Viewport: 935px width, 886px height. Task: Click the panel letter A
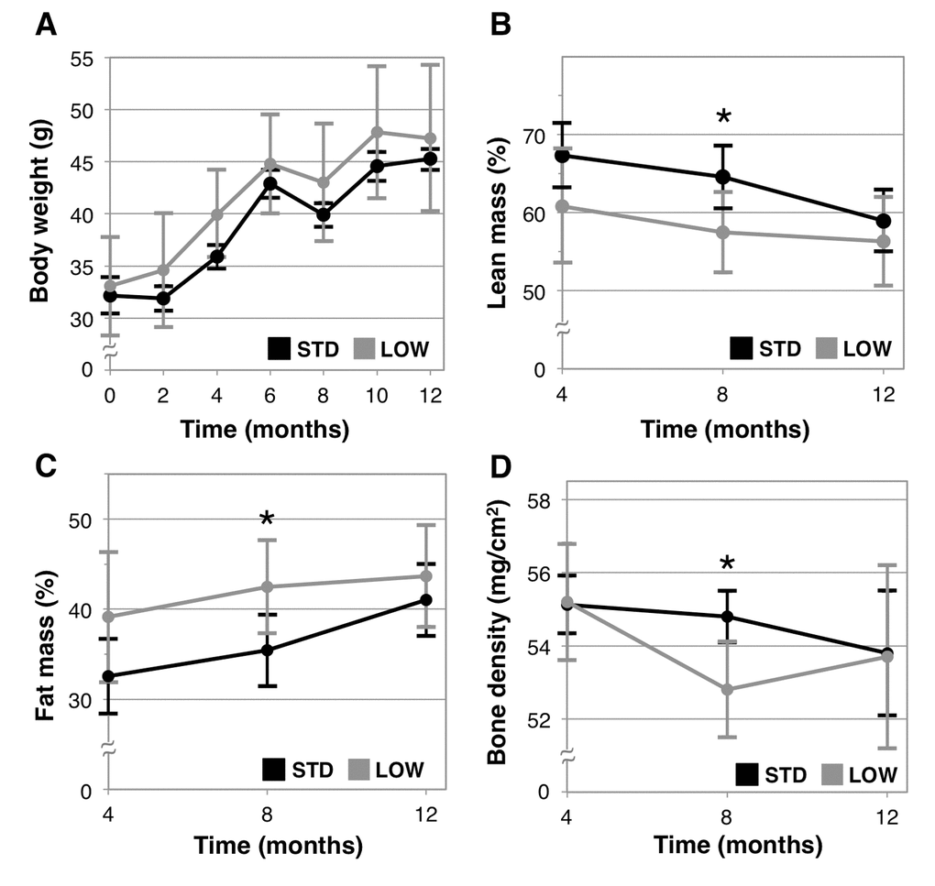tap(45, 25)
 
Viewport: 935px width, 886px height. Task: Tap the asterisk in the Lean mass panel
tap(724, 116)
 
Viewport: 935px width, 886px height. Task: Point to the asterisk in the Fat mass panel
tap(267, 520)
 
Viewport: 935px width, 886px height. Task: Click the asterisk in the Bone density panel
tap(727, 563)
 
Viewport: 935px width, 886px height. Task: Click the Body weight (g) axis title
tap(38, 213)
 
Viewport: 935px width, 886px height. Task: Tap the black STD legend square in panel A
tap(280, 348)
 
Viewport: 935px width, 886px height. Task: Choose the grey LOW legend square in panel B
tap(826, 348)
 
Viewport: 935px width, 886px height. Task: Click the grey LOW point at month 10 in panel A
tap(377, 131)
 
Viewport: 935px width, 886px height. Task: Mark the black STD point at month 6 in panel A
tap(270, 183)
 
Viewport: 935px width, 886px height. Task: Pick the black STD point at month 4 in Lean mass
tap(563, 155)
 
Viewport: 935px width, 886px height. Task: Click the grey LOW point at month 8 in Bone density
tap(727, 689)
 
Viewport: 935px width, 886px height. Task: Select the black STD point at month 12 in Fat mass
tap(425, 599)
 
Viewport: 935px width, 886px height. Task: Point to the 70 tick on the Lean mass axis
tap(534, 136)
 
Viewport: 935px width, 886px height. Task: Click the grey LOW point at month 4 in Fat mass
tap(110, 617)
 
